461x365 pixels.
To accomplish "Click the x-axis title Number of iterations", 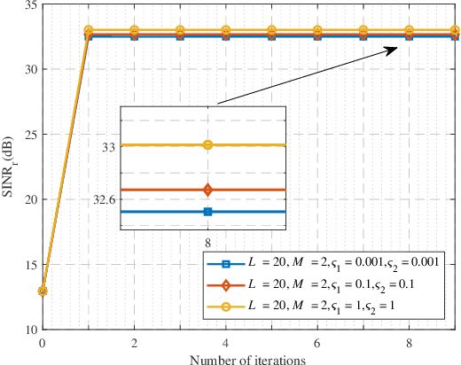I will coord(249,358).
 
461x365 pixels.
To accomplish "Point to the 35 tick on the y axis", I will coord(31,5).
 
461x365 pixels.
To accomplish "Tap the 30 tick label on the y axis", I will coord(31,70).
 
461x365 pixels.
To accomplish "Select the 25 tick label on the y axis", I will coord(31,135).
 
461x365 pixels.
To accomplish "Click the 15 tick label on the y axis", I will coord(31,265).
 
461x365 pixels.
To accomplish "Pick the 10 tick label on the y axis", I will coord(31,330).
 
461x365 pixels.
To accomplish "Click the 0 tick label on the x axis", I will coord(43,342).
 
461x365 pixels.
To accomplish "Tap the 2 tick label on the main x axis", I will coord(134,342).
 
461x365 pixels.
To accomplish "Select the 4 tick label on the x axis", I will coord(226,342).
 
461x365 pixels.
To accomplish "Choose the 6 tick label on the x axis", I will coord(317,342).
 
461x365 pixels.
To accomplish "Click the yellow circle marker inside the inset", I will coord(207,144).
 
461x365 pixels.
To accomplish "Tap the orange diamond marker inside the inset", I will coord(207,190).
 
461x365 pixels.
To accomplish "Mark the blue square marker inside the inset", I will coord(207,212).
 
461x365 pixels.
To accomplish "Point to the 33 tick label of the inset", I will coord(107,147).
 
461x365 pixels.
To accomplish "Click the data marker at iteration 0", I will coord(43,291).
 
